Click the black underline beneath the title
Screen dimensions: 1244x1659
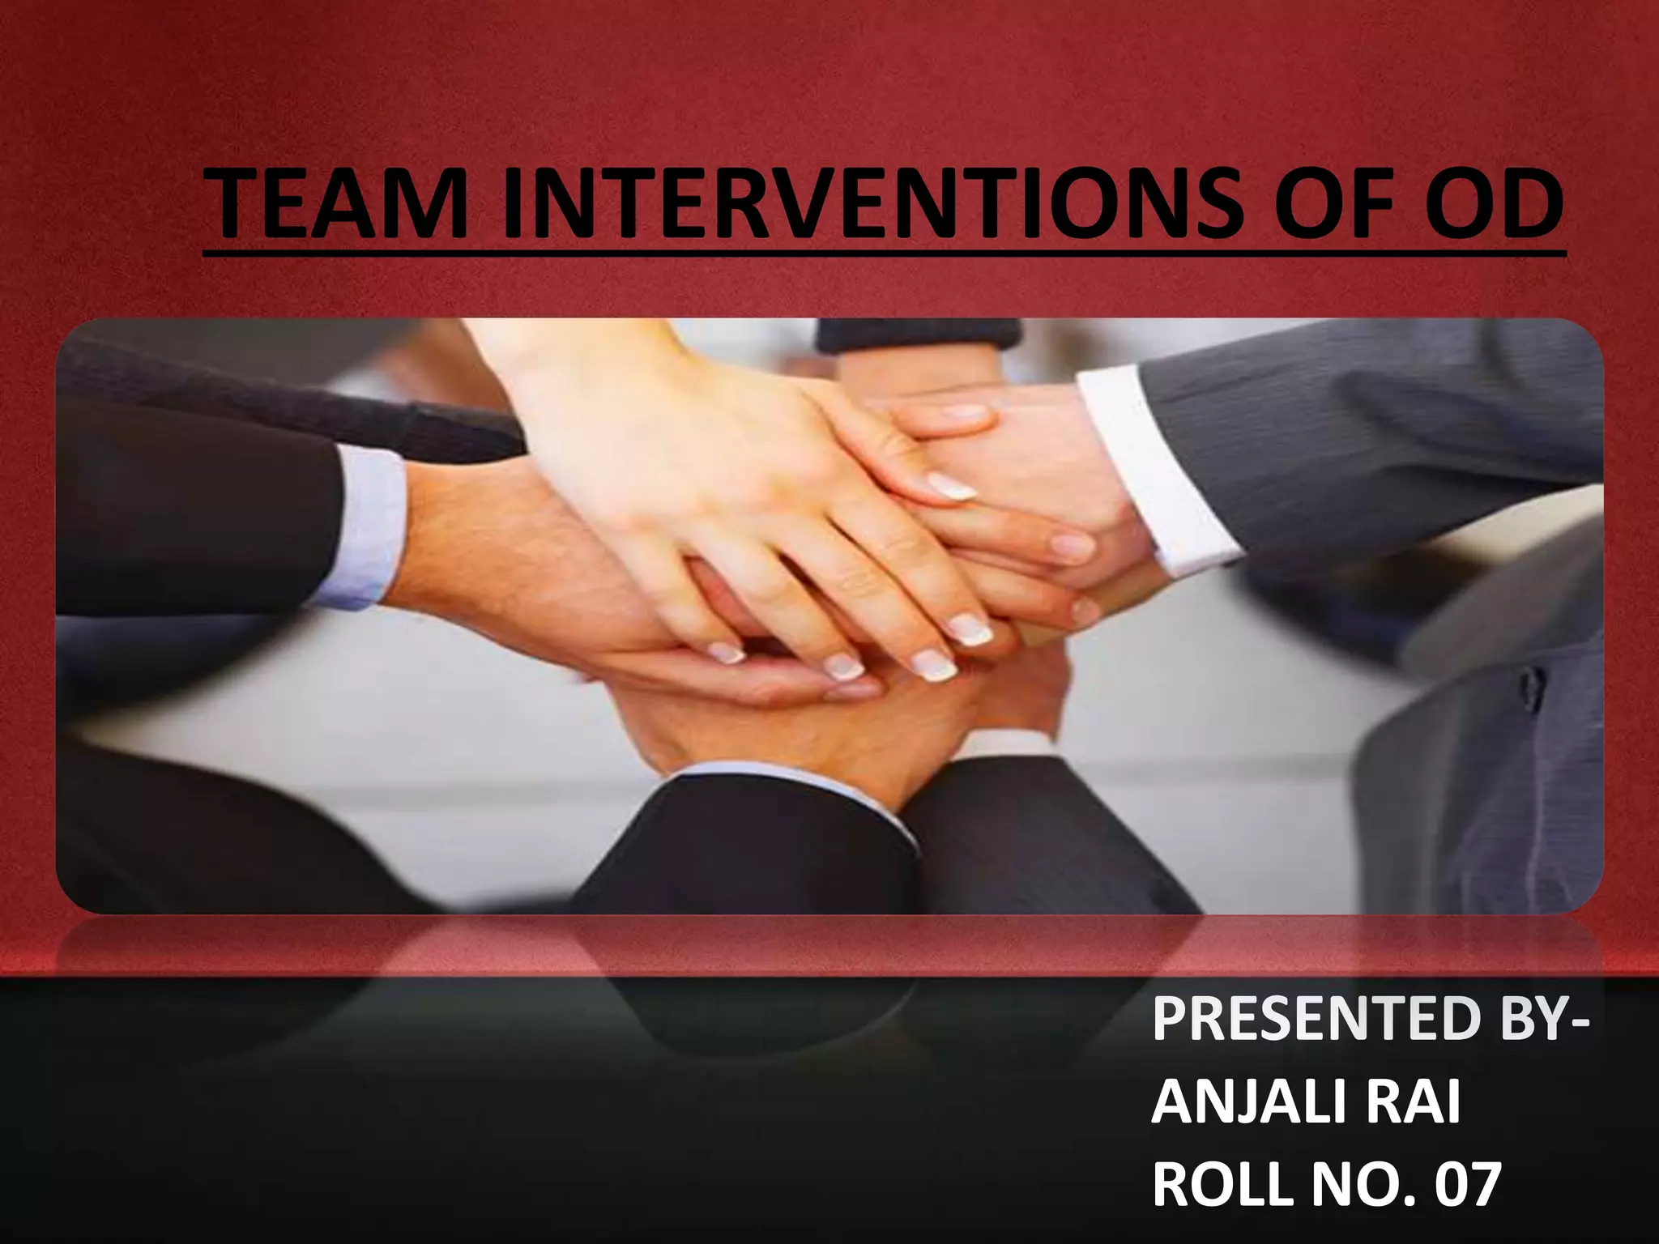(x=883, y=253)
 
